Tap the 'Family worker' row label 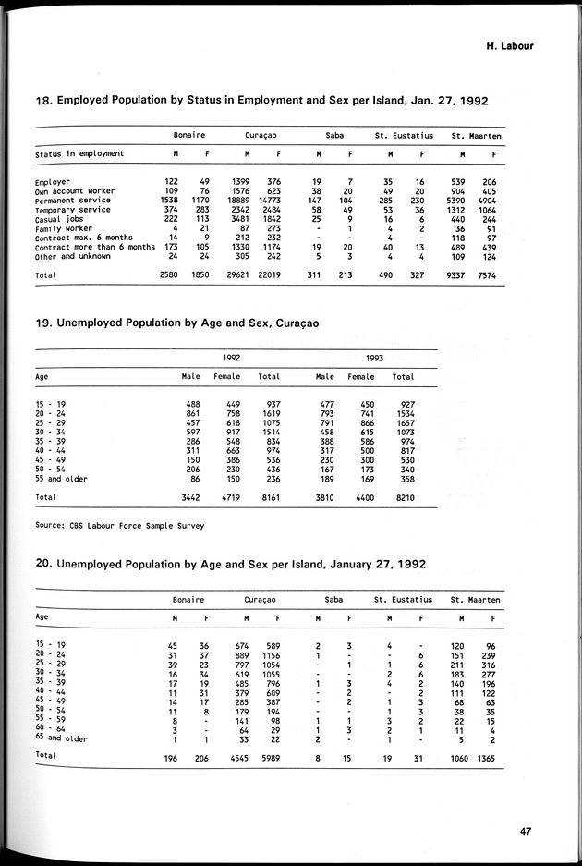[x=64, y=228]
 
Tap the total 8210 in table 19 [x=404, y=497]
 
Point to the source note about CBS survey [x=118, y=525]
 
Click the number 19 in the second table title [x=44, y=323]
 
